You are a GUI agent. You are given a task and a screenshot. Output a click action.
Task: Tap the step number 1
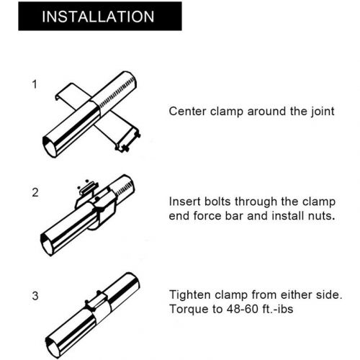[x=34, y=84]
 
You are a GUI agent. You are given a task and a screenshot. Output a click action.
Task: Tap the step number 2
[x=34, y=192]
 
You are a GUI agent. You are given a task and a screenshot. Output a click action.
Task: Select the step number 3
[x=34, y=295]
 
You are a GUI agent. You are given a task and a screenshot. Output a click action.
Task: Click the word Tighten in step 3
[x=191, y=294]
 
